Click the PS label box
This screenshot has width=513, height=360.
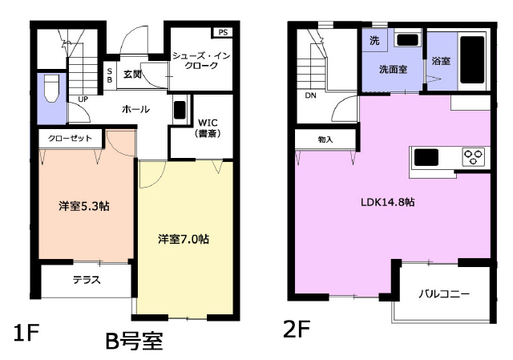click(223, 32)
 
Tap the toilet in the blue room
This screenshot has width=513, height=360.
click(51, 89)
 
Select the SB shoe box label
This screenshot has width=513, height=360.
click(110, 75)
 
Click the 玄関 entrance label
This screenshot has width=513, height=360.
click(132, 75)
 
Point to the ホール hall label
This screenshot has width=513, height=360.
click(135, 109)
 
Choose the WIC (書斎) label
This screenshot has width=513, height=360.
click(208, 128)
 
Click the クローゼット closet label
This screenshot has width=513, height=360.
click(70, 139)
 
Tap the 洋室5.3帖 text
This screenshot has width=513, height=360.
click(84, 206)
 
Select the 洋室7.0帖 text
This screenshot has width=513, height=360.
click(184, 239)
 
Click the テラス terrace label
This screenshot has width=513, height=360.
click(87, 280)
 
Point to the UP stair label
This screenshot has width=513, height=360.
click(83, 99)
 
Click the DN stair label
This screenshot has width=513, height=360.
click(310, 95)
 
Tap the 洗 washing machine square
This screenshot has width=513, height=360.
click(374, 40)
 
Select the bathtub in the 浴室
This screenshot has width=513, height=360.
click(472, 60)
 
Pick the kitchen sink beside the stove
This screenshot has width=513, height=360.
click(426, 157)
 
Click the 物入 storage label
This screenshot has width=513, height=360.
click(325, 140)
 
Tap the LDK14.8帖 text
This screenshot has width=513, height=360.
click(388, 202)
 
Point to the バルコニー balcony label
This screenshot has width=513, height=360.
click(444, 294)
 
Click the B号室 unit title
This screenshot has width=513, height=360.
click(134, 342)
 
